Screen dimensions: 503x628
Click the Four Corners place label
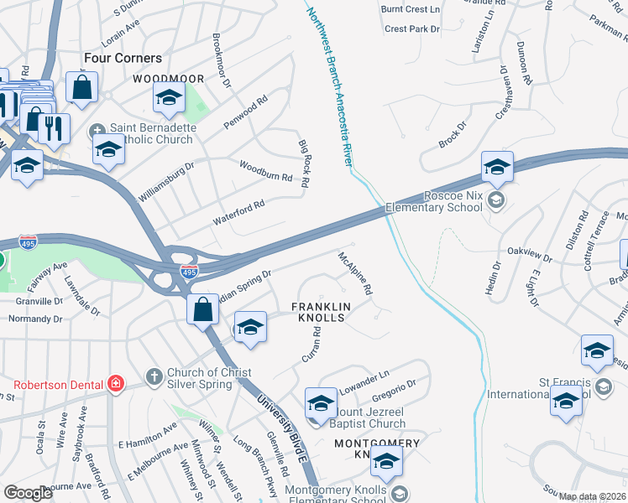point(123,58)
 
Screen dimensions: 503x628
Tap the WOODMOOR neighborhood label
point(169,78)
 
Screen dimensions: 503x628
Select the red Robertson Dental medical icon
point(114,385)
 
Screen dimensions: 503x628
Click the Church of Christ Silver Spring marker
point(153,376)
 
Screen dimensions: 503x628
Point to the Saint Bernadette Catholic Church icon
point(97,131)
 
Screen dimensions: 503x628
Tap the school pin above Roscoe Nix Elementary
point(497,168)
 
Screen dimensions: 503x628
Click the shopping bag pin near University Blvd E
point(202,310)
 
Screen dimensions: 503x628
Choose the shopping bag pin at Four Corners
point(82,87)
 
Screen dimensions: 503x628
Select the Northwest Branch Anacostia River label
point(328,83)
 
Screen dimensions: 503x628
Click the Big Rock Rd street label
point(304,163)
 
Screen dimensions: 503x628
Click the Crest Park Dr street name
point(412,29)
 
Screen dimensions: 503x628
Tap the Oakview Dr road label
point(531,253)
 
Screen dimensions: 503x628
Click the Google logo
point(28,493)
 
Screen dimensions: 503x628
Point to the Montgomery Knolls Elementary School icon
point(399,493)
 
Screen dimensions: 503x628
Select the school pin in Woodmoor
point(169,99)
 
